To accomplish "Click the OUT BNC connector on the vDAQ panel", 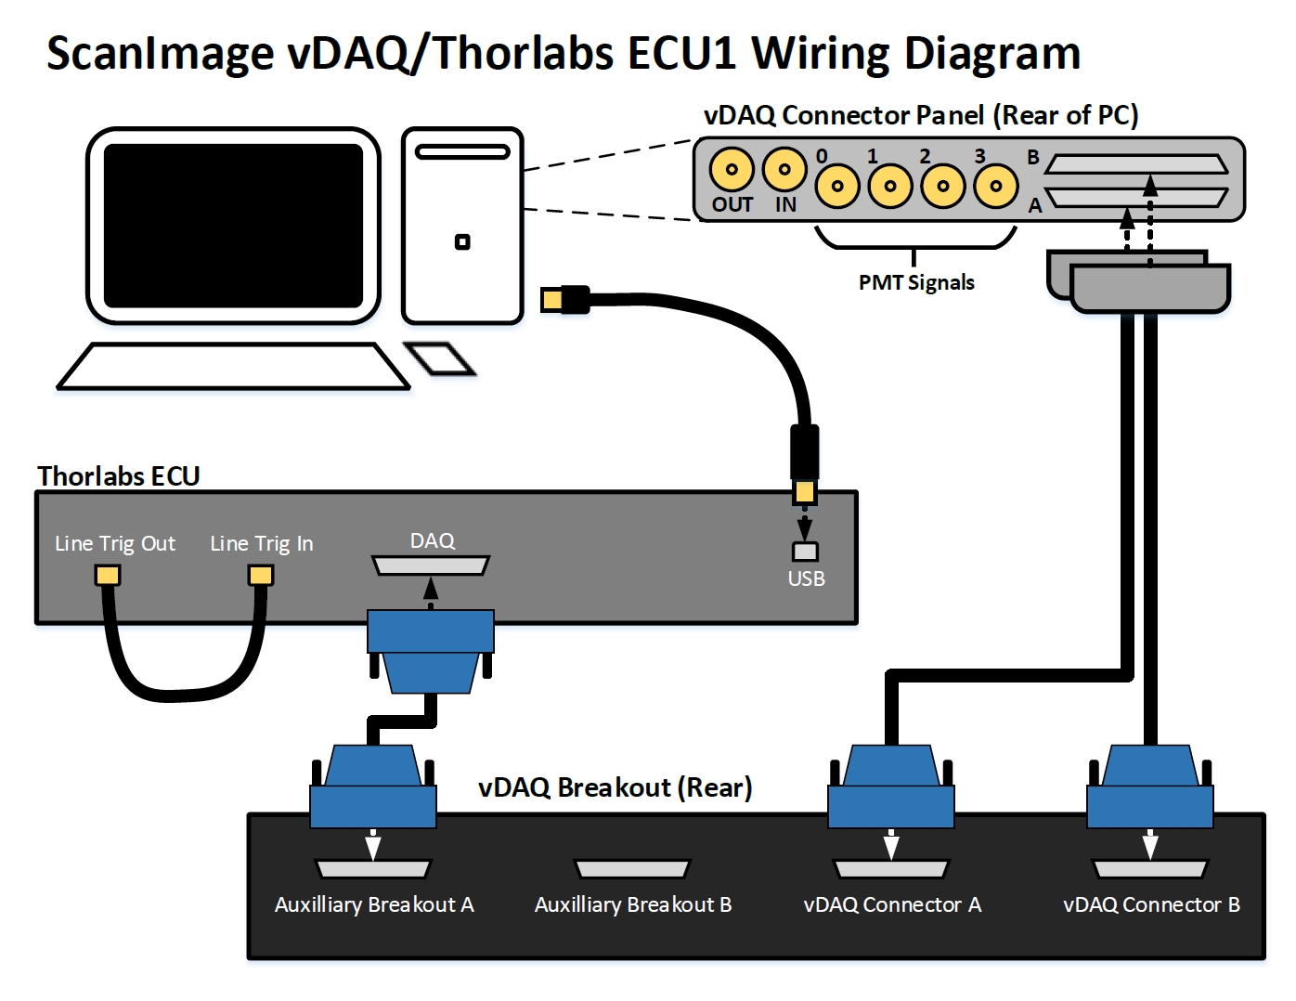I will pos(732,169).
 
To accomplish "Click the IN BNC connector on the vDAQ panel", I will pos(784,169).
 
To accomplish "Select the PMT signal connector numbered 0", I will pos(837,186).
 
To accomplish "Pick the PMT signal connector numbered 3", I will pos(996,186).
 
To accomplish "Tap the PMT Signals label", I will pos(916,283).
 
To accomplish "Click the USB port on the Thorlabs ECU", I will pos(805,552).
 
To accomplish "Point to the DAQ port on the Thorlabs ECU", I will pos(431,565).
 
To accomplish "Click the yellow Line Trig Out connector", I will pos(108,576).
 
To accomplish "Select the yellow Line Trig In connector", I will pos(261,576).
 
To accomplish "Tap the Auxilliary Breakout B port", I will pos(632,869).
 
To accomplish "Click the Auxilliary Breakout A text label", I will pos(374,904).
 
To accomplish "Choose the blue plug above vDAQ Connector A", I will pos(891,788).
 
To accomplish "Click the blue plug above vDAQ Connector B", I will pos(1150,788).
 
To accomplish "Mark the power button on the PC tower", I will pos(462,242).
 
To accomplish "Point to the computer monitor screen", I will pos(233,226).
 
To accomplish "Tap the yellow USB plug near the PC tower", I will pos(552,299).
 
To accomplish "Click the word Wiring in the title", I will pos(822,54).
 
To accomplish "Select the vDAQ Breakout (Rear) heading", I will pos(615,787).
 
